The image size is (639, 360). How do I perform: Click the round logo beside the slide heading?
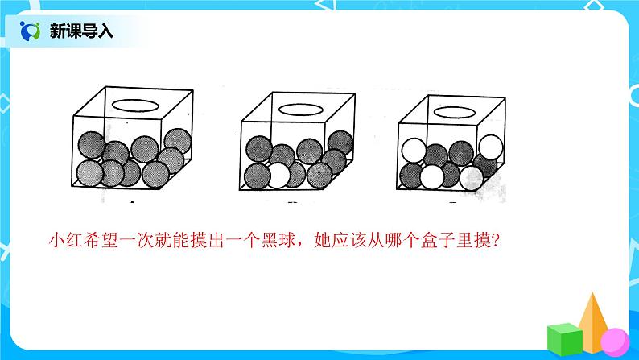click(31, 32)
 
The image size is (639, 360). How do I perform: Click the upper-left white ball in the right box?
click(413, 151)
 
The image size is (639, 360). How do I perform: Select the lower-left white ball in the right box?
click(432, 175)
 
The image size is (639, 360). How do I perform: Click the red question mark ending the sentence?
click(493, 239)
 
